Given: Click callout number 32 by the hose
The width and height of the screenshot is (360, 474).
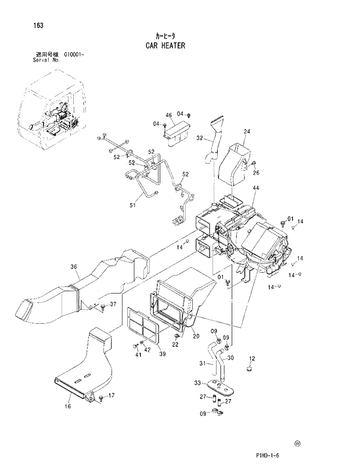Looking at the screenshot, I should click(x=199, y=138).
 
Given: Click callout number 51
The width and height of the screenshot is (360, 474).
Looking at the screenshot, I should click(x=132, y=204).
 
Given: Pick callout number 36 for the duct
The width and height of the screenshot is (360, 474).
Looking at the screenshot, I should click(x=74, y=267).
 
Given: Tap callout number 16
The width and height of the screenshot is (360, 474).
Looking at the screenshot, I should click(x=68, y=407).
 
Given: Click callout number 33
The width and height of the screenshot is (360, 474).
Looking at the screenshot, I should click(x=197, y=383).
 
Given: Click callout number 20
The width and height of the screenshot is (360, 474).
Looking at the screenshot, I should click(x=196, y=336).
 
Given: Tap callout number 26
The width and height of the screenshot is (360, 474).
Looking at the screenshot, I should click(x=256, y=172).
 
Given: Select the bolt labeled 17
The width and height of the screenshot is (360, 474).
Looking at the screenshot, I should click(x=101, y=397).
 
